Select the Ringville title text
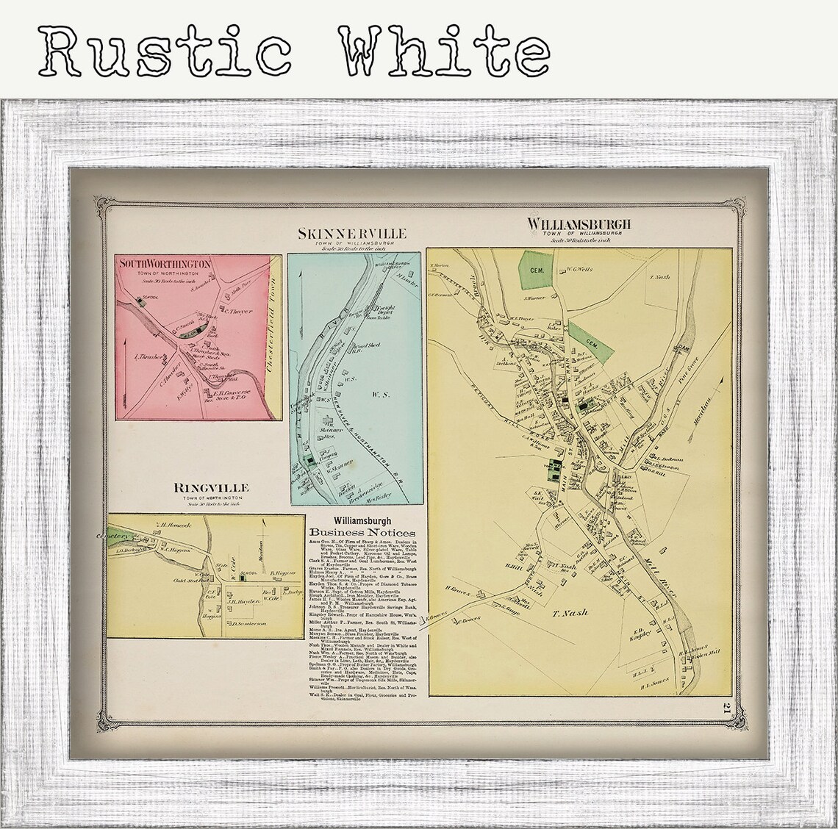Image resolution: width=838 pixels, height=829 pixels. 211,487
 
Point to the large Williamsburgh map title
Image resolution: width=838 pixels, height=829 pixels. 579,224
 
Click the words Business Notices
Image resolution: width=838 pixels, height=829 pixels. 362,532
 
